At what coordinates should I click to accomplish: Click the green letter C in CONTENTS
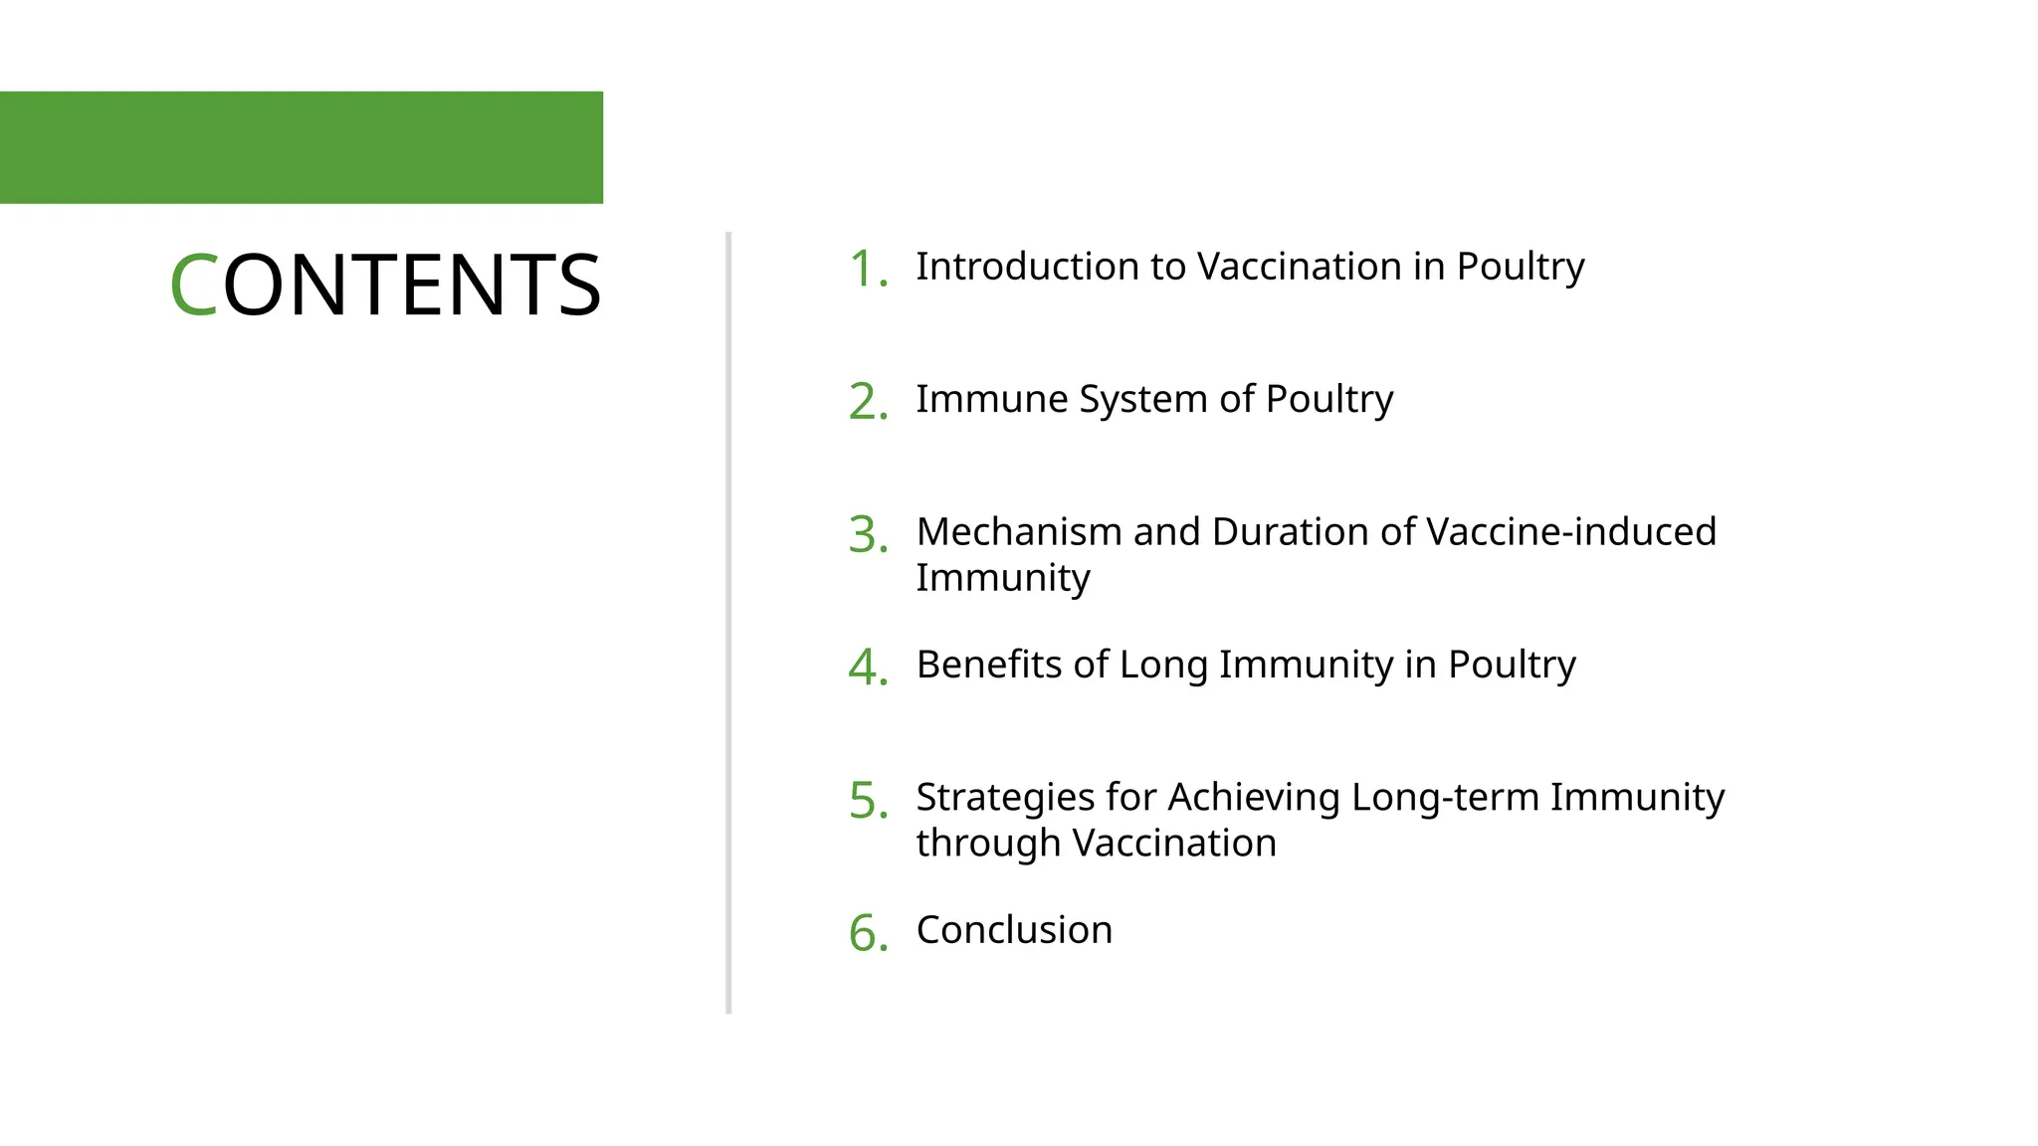click(193, 286)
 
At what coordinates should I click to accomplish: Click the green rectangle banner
click(301, 147)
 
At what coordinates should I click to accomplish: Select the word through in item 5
click(987, 844)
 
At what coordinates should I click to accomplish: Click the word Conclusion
click(1014, 930)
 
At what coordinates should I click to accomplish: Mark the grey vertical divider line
click(728, 623)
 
